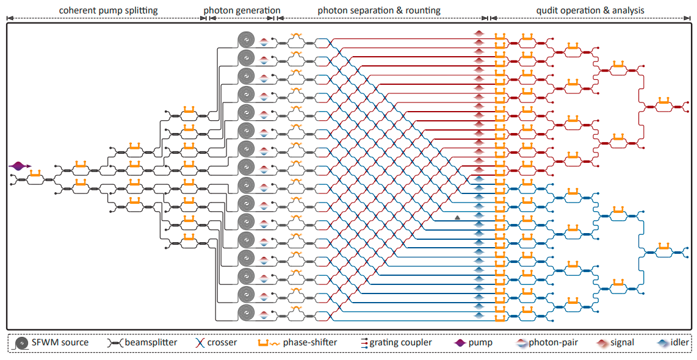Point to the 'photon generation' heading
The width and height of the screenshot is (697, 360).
pyautogui.click(x=242, y=10)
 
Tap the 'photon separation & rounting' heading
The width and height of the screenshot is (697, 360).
pyautogui.click(x=379, y=10)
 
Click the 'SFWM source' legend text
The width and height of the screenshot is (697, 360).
pyautogui.click(x=60, y=343)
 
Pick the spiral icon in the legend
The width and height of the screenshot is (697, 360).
pyautogui.click(x=22, y=343)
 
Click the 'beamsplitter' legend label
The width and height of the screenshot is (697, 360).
pyautogui.click(x=151, y=343)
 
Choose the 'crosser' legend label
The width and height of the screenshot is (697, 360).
pyautogui.click(x=222, y=343)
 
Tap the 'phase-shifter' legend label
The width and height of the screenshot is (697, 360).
pyautogui.click(x=309, y=343)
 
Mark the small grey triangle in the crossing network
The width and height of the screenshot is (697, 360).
pyautogui.click(x=457, y=218)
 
